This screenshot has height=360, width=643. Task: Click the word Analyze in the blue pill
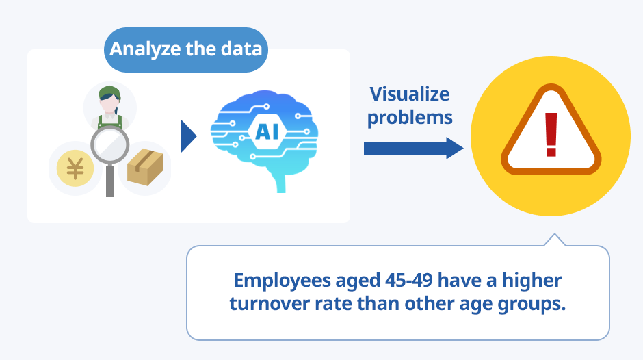[x=146, y=49]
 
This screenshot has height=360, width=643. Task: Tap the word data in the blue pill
[x=241, y=49]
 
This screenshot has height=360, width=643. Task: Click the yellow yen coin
[x=75, y=168]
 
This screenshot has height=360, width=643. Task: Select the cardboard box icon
[x=145, y=167]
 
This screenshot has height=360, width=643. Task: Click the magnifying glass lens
[x=110, y=145]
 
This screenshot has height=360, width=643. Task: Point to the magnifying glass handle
[x=110, y=181]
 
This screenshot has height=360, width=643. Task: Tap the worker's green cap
[x=109, y=93]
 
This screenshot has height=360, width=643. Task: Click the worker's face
[x=109, y=105]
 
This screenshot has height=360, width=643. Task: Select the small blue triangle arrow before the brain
[x=188, y=136]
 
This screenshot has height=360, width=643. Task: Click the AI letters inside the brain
[x=267, y=132]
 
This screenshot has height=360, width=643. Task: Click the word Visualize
[x=410, y=94]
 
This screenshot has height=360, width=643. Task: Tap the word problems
[x=410, y=118]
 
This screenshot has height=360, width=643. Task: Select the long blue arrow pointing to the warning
[x=413, y=149]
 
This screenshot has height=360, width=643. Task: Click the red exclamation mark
[x=551, y=135]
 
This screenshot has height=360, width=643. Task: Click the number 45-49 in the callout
[x=409, y=281]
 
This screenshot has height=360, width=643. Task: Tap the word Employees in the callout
[x=282, y=281]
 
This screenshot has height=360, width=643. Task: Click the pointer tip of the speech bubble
[x=555, y=234]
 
